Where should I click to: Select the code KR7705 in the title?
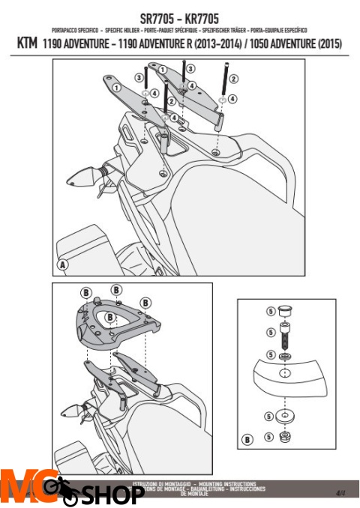[x=199, y=17]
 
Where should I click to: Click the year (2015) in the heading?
[x=328, y=45]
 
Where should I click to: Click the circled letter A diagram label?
[x=62, y=265]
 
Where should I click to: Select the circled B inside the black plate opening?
[x=110, y=318]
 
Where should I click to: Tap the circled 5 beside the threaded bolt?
[x=269, y=332]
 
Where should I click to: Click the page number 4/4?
[x=340, y=492]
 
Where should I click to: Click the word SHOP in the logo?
[x=112, y=495]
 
